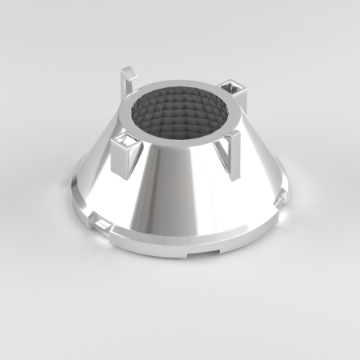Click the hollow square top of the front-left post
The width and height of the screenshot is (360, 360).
point(126,142)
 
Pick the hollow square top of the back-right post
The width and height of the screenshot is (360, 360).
point(233,86)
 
